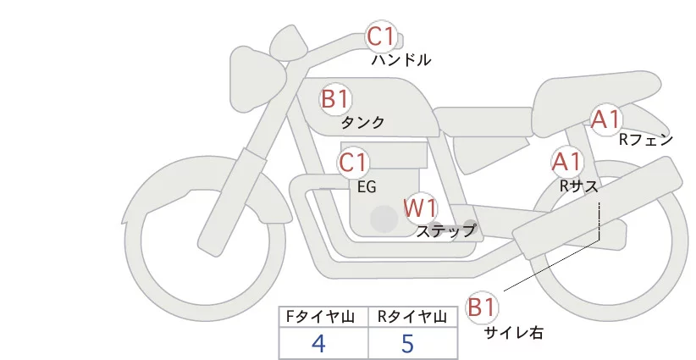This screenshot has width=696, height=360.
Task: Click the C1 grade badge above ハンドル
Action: coord(380,36)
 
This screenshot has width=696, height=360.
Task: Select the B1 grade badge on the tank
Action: coord(335,98)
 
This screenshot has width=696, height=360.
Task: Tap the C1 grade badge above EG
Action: coord(353,163)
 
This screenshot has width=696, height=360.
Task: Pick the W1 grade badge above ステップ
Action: coord(420,207)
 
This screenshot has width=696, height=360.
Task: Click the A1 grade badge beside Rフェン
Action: coord(606,119)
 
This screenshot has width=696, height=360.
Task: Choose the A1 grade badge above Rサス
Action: coord(566,160)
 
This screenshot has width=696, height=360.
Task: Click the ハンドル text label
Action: coord(401,60)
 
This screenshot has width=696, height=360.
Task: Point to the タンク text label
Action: coord(362,123)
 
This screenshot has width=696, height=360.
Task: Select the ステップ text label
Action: coord(446,230)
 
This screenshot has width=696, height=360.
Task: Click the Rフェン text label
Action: coord(646,140)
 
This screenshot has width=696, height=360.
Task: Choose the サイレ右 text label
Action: coord(513,333)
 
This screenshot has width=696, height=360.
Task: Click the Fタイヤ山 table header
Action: coord(324,317)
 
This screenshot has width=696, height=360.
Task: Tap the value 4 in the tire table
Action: coord(318,343)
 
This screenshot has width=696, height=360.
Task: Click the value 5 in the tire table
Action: coord(407,343)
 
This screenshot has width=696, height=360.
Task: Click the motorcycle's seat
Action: coord(593,91)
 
